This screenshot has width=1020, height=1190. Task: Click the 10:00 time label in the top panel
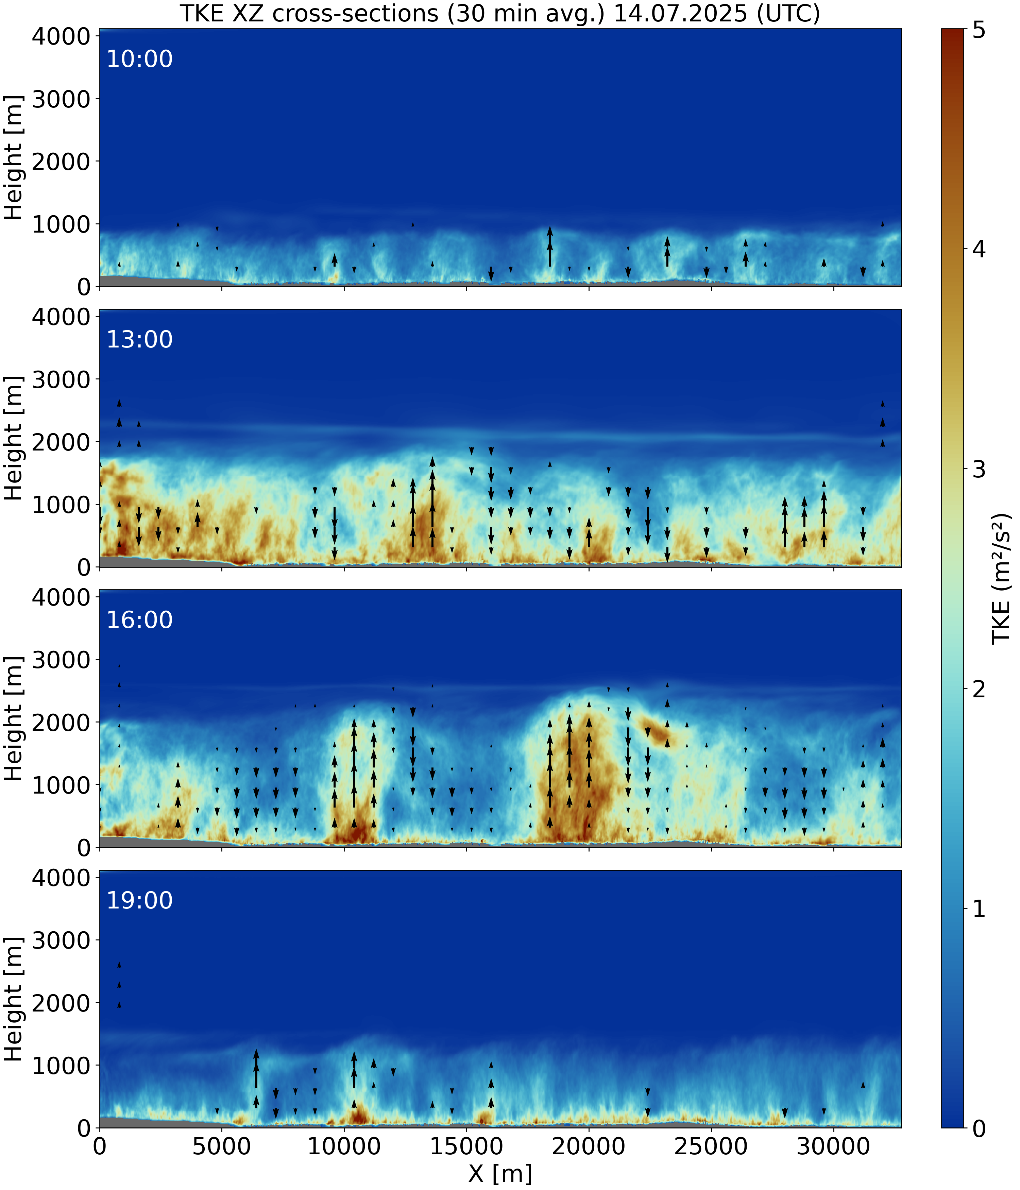pyautogui.click(x=139, y=59)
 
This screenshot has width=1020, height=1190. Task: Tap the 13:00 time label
pyautogui.click(x=139, y=339)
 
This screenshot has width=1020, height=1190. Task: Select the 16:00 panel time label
pyautogui.click(x=139, y=620)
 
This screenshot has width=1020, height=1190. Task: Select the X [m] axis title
pyautogui.click(x=500, y=1173)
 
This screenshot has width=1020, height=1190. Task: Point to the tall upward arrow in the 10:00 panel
pyautogui.click(x=550, y=247)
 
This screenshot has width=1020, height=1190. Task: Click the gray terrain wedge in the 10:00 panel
pyautogui.click(x=132, y=282)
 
